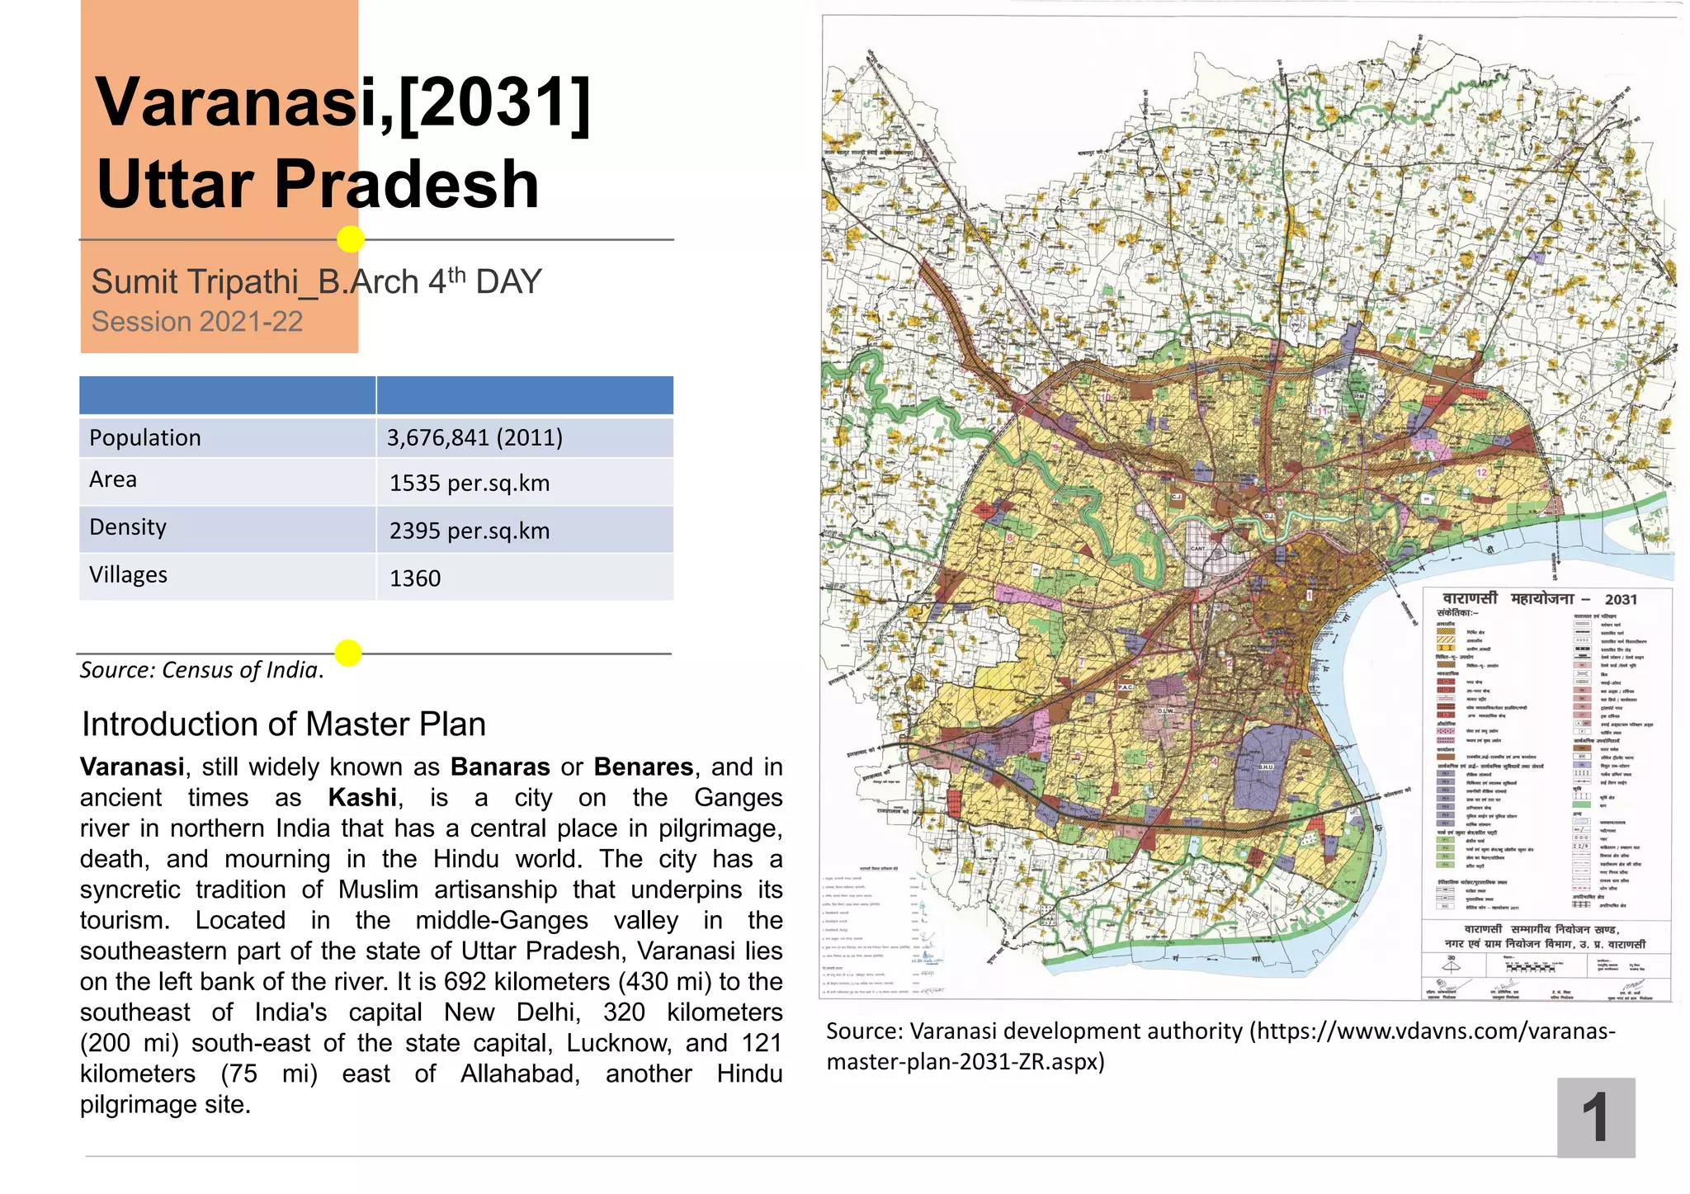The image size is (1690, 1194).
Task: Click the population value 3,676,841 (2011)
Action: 474,437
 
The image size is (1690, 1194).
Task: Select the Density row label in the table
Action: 128,526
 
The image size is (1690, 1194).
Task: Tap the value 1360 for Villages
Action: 415,578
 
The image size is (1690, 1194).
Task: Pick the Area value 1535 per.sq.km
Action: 470,483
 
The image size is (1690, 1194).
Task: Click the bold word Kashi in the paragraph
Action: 362,798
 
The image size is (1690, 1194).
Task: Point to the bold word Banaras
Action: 500,767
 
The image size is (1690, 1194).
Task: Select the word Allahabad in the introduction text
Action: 520,1074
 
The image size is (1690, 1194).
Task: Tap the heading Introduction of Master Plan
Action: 284,724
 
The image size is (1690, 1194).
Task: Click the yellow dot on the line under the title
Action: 351,239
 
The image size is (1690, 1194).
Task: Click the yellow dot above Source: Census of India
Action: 348,653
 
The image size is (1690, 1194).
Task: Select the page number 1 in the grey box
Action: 1595,1117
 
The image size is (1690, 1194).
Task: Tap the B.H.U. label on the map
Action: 1266,767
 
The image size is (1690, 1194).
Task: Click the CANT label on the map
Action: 1198,548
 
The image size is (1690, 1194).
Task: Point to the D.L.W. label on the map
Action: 1165,710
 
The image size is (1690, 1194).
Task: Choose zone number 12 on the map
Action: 1481,473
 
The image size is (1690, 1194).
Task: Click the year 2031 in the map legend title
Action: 1621,600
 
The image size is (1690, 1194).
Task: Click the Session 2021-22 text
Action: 197,322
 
